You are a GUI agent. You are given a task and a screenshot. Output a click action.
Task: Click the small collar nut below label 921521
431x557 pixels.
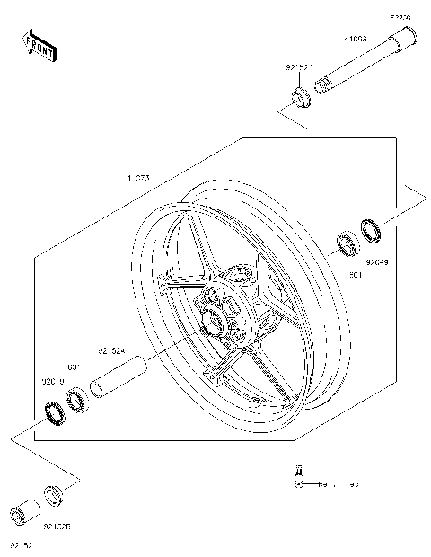coord(301,93)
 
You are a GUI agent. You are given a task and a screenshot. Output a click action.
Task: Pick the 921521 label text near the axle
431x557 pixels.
coord(300,67)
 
